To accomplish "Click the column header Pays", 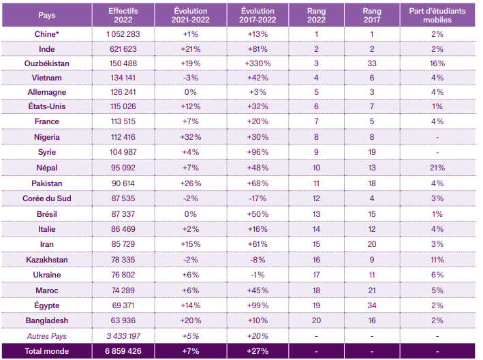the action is point(47,15).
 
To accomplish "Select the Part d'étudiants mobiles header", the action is point(437,16).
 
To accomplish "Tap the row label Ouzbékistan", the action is point(47,63).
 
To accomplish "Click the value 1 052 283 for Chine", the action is point(123,34).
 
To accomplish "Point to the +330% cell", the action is point(258,63).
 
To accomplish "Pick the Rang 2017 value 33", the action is point(372,63).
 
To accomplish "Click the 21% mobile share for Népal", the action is point(437,168).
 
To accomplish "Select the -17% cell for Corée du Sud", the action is point(258,198).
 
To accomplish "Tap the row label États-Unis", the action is point(47,106).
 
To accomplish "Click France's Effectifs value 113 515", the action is point(123,121).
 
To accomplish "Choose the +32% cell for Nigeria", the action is point(191,137).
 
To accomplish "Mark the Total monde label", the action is point(47,351).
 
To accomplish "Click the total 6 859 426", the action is point(123,351).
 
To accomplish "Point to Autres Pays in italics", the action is point(47,336).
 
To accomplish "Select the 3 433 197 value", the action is point(123,336).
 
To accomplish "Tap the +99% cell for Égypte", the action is point(258,305).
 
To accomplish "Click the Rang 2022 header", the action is point(316,16).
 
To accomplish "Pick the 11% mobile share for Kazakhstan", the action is point(437,260).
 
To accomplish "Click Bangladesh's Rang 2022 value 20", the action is point(316,321).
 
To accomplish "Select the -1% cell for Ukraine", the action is point(258,275).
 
